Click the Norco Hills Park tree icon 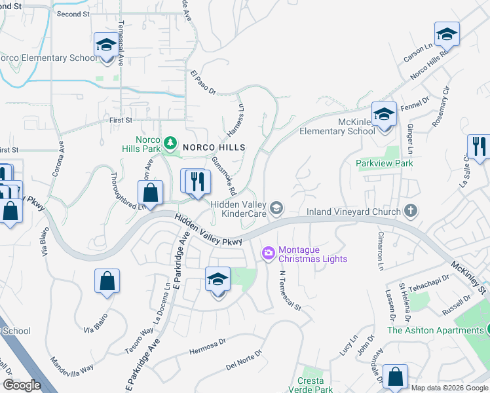[170, 142]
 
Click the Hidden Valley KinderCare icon [277, 208]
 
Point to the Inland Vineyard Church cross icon [410, 211]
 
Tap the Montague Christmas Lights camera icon [268, 252]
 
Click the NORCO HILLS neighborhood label [214, 147]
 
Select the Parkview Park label [385, 163]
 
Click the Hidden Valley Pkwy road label [208, 232]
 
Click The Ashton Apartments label [435, 330]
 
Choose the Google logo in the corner [22, 385]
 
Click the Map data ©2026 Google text [449, 388]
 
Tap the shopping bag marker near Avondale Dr [395, 376]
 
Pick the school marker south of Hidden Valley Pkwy [217, 279]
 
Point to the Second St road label [73, 14]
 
